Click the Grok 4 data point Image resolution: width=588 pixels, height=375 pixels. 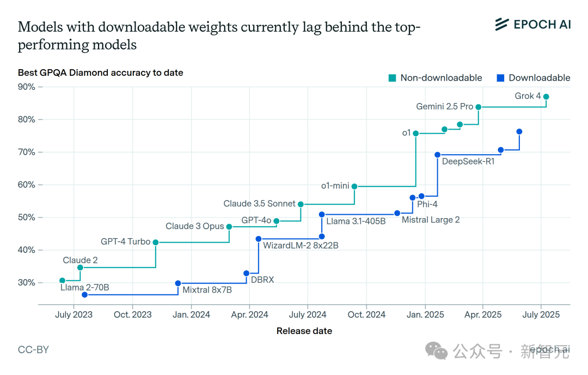pos(546,96)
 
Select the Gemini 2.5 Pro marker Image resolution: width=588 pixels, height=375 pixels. pos(479,107)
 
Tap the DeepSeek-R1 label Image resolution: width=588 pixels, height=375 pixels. pos(468,161)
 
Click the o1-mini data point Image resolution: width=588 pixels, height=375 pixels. pos(354,186)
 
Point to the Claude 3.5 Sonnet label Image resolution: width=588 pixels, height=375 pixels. pos(259,204)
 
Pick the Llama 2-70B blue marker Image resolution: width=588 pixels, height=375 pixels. pos(84,295)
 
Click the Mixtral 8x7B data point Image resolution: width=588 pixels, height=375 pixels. pos(178,283)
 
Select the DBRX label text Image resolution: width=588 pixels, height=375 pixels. pos(262,280)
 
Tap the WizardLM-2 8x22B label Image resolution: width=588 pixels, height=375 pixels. pos(301,246)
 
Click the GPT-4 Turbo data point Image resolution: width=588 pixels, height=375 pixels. pos(156,242)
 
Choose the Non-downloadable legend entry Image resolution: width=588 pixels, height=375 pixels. pos(436,78)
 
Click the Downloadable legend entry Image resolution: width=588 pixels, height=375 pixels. pos(534,78)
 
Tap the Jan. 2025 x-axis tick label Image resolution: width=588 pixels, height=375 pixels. pos(426,314)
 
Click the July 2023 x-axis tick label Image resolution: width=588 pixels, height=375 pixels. pos(74,314)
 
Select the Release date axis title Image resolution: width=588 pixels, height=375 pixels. pos(304,331)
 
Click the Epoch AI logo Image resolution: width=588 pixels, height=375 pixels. pos(532,24)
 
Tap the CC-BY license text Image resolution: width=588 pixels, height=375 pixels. pos(33,349)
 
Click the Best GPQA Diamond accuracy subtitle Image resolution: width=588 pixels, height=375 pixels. pos(100,72)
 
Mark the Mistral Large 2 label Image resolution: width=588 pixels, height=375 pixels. pos(431,220)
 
